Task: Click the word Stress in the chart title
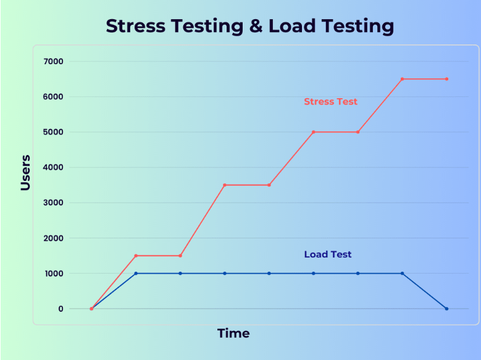(x=136, y=26)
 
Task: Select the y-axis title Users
(x=25, y=172)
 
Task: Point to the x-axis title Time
(x=233, y=333)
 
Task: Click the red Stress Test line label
(x=330, y=101)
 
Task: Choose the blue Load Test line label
(x=328, y=254)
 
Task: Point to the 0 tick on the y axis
(x=61, y=309)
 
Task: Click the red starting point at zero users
(x=91, y=309)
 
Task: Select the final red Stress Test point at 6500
(x=446, y=79)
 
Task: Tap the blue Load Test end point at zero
(x=446, y=309)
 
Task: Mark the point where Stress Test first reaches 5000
(x=314, y=132)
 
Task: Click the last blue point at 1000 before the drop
(x=402, y=274)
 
